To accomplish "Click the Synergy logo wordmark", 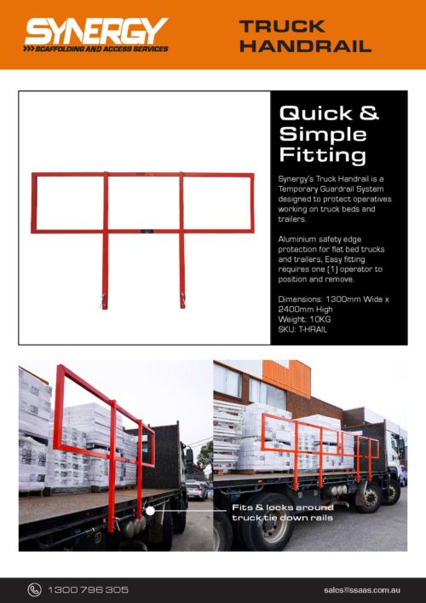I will tap(95, 31).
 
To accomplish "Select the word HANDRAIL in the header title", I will tap(305, 45).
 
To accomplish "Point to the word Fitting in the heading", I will tap(323, 155).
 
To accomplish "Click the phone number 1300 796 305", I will tap(89, 589).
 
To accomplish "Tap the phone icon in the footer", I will tap(34, 589).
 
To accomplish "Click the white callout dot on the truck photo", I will tap(150, 510).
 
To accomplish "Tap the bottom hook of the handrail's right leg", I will tap(181, 300).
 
